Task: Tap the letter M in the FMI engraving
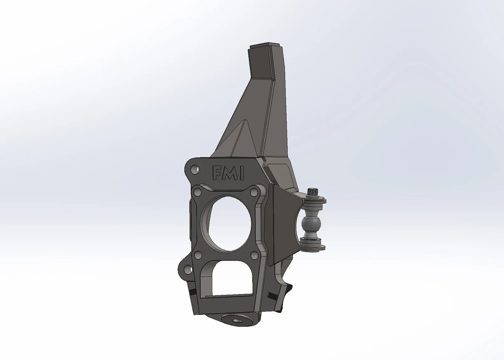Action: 229,174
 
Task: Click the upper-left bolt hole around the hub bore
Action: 198,193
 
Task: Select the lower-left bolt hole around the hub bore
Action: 198,255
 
